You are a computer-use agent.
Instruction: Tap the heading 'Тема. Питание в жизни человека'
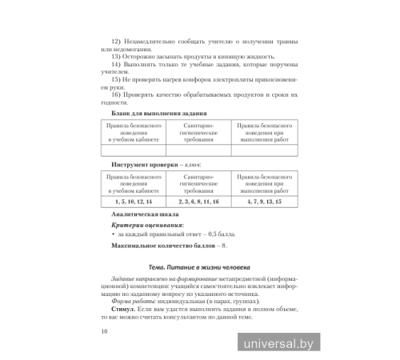199,267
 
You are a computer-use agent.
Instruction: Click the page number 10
98,332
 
